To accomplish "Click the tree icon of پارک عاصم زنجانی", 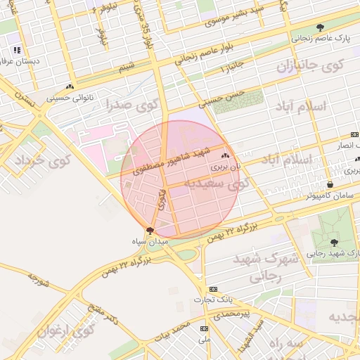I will [x=321, y=28].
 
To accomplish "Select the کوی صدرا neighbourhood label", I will [x=133, y=105].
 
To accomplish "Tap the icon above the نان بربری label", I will [x=225, y=156].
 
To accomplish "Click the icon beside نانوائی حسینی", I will [x=70, y=89].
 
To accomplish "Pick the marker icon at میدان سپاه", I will [x=149, y=230].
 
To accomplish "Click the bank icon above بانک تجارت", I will [x=212, y=288].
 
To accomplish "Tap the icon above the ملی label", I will [x=205, y=328].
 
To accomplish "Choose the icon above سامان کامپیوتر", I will [x=330, y=184].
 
